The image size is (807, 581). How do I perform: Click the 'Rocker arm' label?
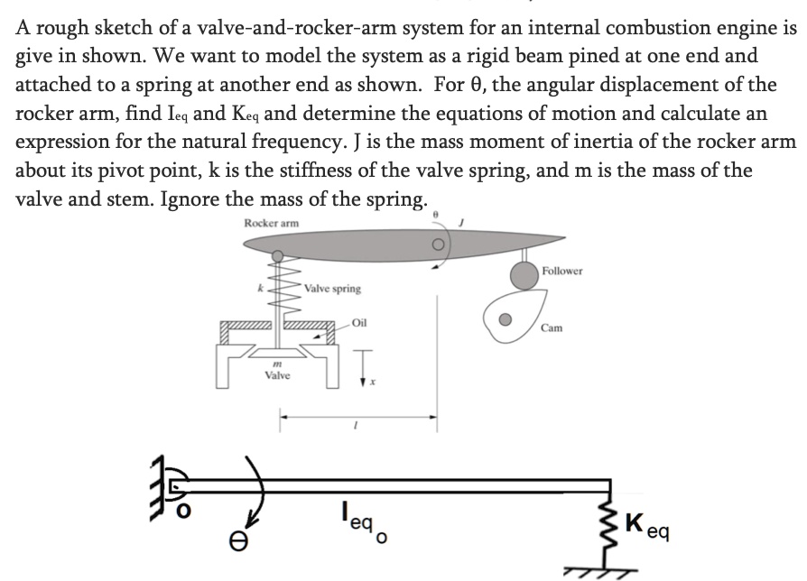271,223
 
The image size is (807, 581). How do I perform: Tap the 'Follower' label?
562,271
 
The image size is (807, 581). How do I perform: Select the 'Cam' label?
552,328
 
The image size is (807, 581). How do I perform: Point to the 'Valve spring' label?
333,289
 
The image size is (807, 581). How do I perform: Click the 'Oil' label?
359,321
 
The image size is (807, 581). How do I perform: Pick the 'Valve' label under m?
277,375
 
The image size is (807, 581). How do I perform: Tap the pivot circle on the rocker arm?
439,244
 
